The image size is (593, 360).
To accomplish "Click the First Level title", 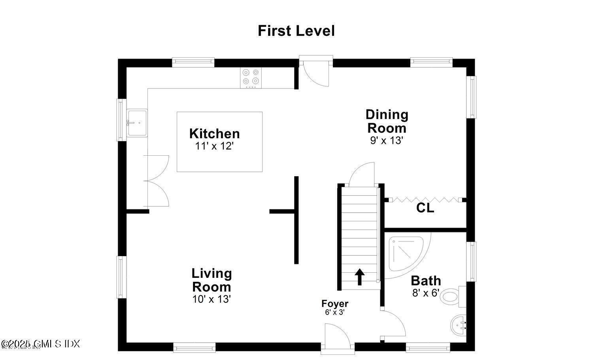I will point(296,31).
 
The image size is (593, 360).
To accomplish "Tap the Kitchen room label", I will point(214,134).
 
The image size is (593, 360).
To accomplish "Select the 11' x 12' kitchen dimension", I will point(214,146).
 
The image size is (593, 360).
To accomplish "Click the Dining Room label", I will point(387,121).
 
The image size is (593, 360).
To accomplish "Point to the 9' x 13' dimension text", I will point(386,140).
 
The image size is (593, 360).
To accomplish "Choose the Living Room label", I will point(212,280).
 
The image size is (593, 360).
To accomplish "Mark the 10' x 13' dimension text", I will point(212,299).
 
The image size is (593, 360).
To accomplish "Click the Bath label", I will point(426,281).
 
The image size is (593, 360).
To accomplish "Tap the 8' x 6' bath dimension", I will point(425,293).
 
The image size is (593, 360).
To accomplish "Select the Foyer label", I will point(335,303).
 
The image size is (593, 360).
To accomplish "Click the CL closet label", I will point(425,208).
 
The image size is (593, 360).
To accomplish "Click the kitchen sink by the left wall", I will point(137,123).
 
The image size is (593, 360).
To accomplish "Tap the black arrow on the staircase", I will point(359,277).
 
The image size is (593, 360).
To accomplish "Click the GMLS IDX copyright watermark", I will point(40,344).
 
